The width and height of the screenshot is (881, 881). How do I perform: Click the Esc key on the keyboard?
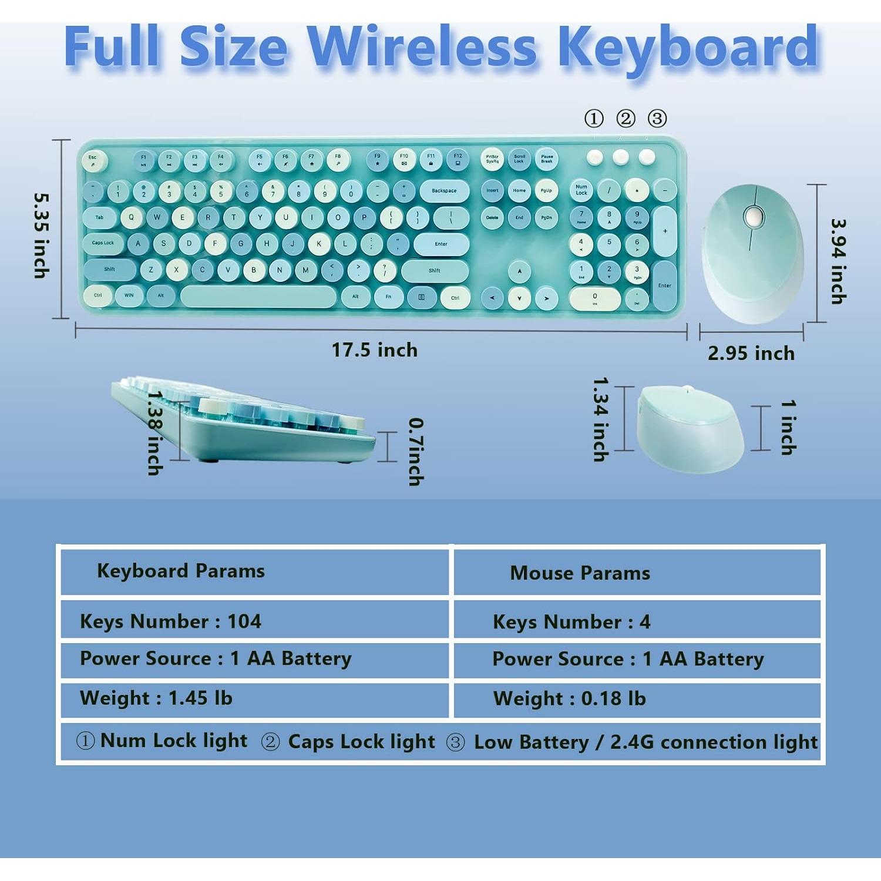click(93, 160)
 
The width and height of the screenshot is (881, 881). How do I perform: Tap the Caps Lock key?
click(103, 243)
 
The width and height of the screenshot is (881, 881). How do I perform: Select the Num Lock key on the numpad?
click(581, 190)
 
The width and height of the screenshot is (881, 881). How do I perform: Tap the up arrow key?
click(519, 271)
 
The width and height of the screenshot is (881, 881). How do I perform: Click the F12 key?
click(458, 159)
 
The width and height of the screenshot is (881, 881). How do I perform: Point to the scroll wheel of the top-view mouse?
click(753, 217)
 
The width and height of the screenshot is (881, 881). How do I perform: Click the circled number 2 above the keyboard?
click(626, 119)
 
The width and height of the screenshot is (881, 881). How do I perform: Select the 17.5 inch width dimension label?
click(375, 350)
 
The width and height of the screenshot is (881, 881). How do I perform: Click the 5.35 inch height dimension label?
click(41, 235)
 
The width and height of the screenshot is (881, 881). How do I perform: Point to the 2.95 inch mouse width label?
click(751, 354)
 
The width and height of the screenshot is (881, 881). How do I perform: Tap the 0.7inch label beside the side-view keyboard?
click(416, 451)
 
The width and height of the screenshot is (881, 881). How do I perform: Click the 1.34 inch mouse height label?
click(600, 419)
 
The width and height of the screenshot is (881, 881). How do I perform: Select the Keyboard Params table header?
click(181, 571)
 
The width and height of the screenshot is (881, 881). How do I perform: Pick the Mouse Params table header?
click(580, 573)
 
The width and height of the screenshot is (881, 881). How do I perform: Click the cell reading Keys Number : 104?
click(170, 621)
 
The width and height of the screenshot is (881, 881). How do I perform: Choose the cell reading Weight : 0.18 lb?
click(569, 698)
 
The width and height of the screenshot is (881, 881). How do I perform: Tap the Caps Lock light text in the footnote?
click(361, 742)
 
